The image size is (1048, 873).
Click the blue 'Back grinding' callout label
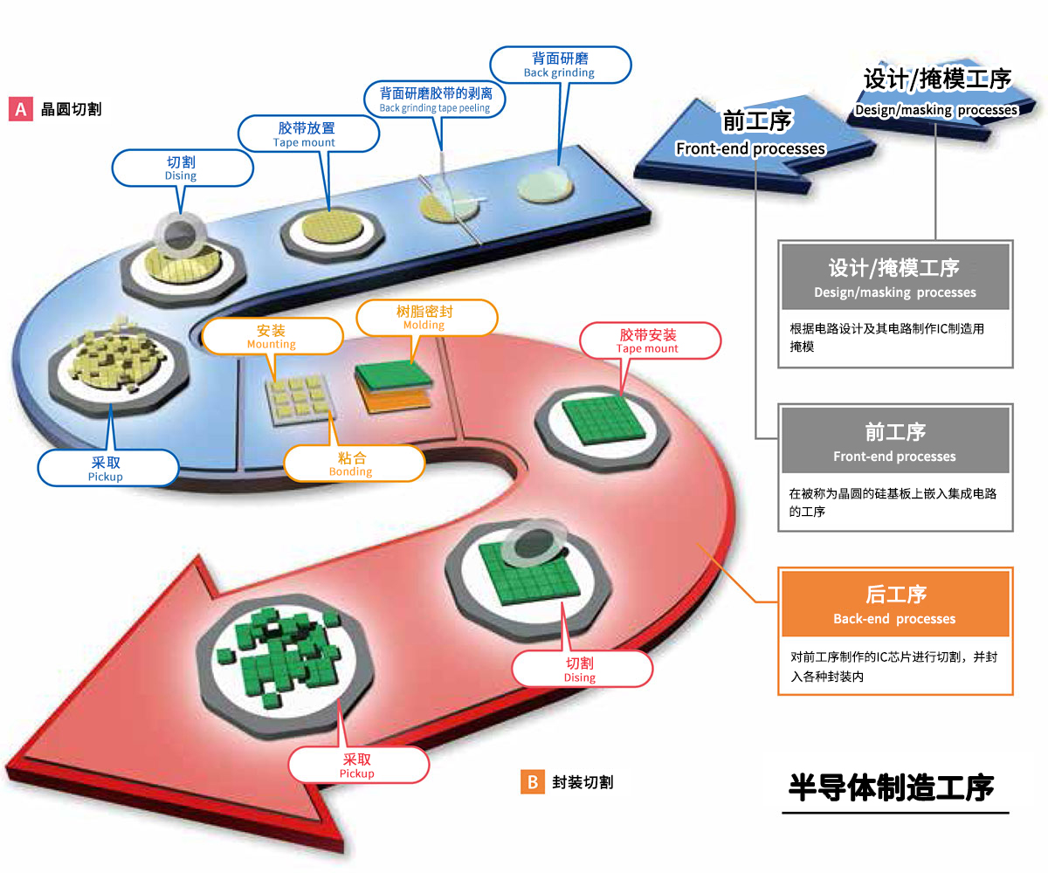pos(560,65)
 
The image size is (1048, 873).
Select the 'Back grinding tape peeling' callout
pos(435,99)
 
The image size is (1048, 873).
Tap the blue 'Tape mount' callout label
pos(310,134)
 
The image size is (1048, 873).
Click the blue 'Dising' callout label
pos(181,168)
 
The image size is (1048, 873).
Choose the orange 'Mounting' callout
pos(272,337)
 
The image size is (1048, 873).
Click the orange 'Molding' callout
pos(424,318)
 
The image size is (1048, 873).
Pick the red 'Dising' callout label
pos(580,670)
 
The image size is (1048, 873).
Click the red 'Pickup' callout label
pos(357,766)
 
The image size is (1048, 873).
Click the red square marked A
pos(20,109)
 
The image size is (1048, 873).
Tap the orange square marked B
pos(532,781)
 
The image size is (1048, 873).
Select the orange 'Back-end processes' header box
pos(894,604)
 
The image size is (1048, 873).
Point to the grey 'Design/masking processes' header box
pos(894,278)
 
